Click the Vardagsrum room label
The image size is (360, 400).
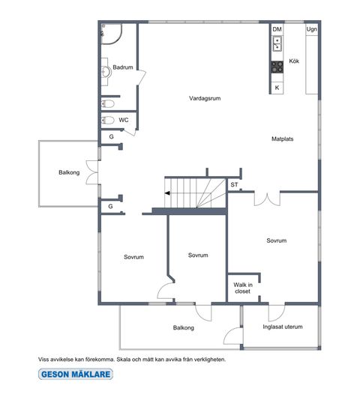[205, 98]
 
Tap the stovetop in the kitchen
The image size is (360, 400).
[277, 67]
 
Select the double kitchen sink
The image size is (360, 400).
[277, 43]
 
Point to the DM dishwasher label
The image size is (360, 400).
[277, 29]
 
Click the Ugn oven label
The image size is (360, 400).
[312, 29]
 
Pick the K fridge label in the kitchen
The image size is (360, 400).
[277, 88]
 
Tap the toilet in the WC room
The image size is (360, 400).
[107, 120]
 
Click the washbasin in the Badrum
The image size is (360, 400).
[106, 72]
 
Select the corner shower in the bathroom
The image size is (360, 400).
[112, 34]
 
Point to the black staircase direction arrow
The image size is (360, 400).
[167, 193]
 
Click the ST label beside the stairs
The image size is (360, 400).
[234, 184]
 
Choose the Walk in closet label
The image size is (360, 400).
[243, 288]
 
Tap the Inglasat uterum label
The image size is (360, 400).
[283, 327]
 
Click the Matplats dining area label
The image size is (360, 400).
[282, 139]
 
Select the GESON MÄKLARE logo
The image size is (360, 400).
[76, 375]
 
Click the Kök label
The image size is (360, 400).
[294, 61]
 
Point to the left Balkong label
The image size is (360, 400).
[69, 172]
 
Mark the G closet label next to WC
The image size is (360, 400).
[111, 137]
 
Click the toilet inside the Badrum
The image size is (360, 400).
[107, 103]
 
